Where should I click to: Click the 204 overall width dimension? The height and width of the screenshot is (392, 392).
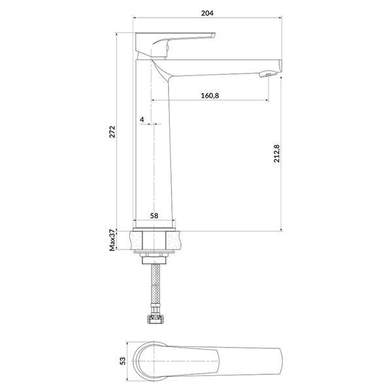tap(207, 13)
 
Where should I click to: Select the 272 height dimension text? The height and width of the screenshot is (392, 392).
tap(112, 132)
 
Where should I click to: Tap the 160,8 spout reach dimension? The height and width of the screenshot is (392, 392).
tap(210, 95)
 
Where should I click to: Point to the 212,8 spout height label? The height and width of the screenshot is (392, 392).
tap(277, 154)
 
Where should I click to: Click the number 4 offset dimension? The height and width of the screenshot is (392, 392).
tap(142, 120)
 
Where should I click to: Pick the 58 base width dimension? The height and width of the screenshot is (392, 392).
tap(154, 216)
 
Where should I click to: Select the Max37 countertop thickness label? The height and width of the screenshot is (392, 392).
tap(112, 240)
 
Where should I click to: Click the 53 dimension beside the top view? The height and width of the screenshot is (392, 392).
tap(123, 361)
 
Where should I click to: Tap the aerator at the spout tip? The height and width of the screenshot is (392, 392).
tap(268, 74)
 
